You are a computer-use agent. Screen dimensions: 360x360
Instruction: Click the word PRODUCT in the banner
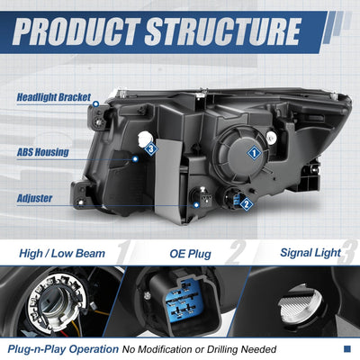76,31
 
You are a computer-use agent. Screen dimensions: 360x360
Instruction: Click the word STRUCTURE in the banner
223,31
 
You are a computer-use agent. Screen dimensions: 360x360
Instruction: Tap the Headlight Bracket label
54,97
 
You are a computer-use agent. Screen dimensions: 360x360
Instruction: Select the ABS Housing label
42,152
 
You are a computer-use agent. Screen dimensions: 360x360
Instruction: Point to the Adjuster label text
34,198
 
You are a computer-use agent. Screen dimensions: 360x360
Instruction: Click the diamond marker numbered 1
255,153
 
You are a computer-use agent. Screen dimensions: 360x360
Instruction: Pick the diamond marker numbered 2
247,204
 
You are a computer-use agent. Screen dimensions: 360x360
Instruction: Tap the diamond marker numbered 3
151,148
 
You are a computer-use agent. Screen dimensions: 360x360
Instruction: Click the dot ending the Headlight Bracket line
96,104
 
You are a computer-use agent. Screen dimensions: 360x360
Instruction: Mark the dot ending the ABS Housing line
135,159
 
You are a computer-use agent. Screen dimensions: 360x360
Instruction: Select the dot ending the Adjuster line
196,205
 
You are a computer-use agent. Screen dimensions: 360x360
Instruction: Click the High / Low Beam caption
62,254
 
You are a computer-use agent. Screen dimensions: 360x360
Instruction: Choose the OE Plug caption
190,254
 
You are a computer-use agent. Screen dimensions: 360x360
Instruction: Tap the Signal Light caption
310,253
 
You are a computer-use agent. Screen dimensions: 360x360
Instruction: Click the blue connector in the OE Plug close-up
183,301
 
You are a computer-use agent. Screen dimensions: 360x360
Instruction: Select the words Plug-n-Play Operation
63,349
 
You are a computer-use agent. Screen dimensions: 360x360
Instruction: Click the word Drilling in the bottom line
222,349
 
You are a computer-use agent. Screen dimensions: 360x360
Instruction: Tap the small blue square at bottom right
346,348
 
